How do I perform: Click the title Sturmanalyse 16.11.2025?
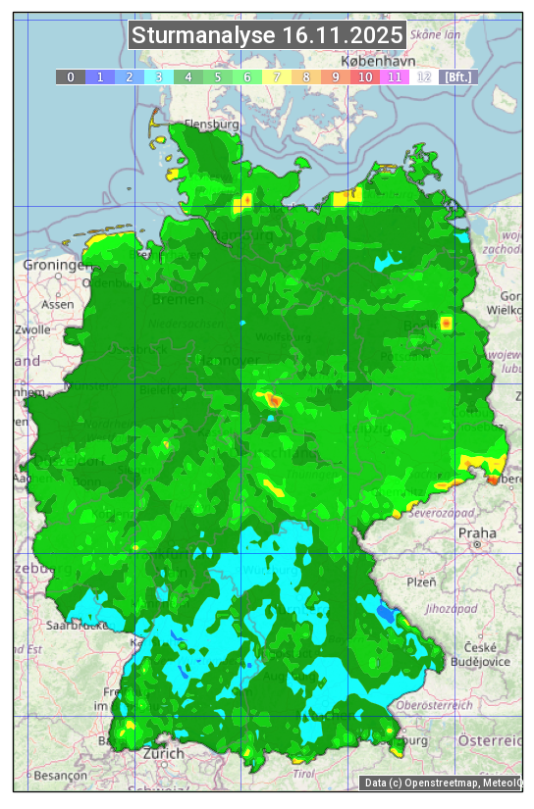point(267,36)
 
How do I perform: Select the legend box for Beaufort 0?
point(70,76)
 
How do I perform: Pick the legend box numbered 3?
point(158,76)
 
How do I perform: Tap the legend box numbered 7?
point(277,76)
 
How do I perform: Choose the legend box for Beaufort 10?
point(365,76)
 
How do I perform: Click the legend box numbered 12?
point(424,76)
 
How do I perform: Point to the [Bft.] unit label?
point(458,76)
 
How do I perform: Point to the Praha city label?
point(477,533)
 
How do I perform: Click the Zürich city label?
point(163,753)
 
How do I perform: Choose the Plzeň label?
point(421,581)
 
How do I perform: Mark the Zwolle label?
point(31,329)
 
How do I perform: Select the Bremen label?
point(178,299)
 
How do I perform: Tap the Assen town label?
point(58,304)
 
